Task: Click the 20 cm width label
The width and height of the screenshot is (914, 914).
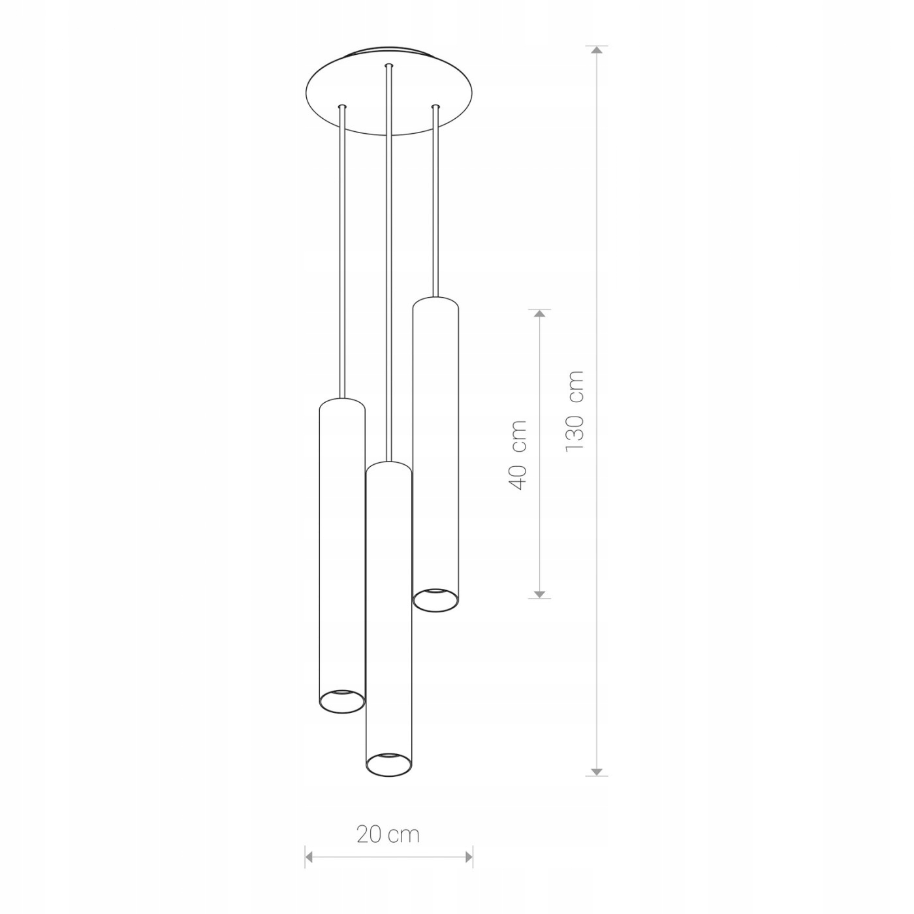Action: coord(388,835)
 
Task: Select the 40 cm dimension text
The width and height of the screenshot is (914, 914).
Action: coord(517,454)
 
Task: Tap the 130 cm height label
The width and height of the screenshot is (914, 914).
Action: coord(574,411)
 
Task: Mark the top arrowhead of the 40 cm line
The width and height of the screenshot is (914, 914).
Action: coord(539,313)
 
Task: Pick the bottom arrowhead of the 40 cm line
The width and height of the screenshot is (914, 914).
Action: coord(539,594)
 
